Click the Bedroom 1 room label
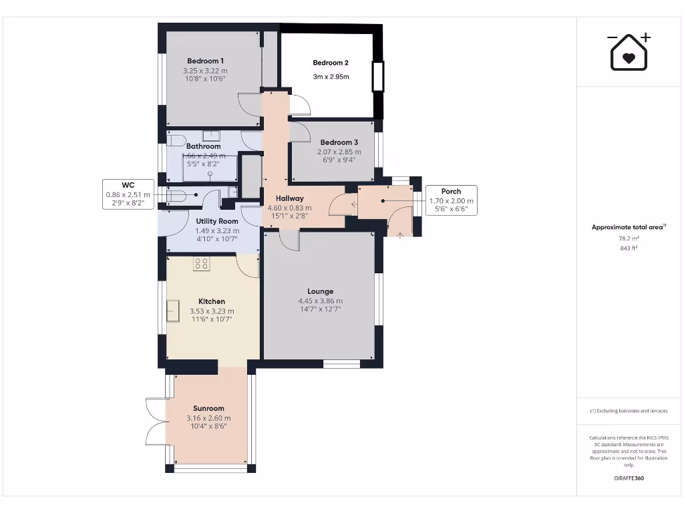point(205,61)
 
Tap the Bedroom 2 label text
point(331,63)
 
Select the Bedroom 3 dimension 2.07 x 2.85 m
point(339,152)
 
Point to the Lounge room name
point(320,291)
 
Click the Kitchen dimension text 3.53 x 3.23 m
point(212,311)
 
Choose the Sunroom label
point(208,408)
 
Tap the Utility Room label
point(217,221)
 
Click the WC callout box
point(128,194)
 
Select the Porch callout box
point(451,200)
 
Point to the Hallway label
point(290,198)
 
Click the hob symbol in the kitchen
point(202,264)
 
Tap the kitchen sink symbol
point(174,311)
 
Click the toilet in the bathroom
point(175,141)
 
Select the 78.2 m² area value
point(628,238)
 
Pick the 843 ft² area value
point(628,248)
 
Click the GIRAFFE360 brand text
point(628,478)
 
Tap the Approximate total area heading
point(628,227)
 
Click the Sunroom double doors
point(155,421)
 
